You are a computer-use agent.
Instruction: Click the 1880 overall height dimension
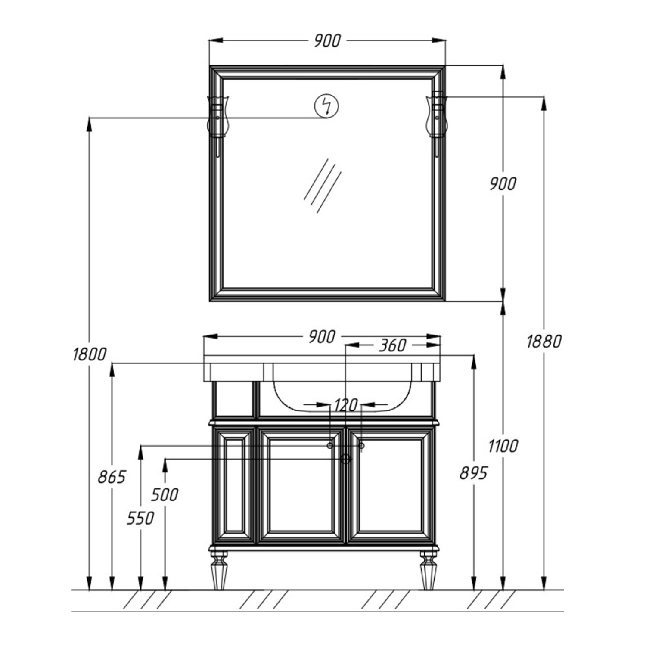544,342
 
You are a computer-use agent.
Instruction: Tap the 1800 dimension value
89,354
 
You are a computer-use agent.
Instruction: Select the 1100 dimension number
503,446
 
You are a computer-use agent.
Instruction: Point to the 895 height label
473,473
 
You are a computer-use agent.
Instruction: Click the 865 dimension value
112,477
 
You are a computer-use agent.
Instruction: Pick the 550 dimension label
140,519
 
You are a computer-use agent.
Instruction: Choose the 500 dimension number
165,495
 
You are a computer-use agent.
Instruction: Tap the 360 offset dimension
392,345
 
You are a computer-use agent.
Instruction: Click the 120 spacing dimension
345,405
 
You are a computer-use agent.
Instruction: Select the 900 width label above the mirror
326,40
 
